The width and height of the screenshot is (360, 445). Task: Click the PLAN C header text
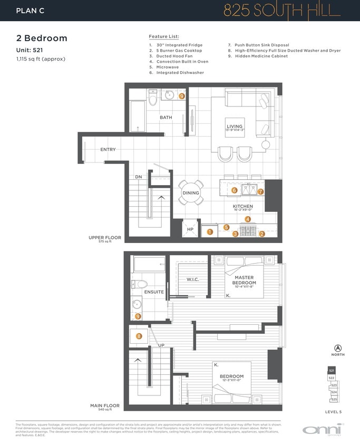point(30,10)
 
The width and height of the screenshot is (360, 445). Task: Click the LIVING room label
point(235,127)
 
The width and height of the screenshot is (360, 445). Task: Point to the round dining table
point(191,192)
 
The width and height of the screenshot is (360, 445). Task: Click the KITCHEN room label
point(243,206)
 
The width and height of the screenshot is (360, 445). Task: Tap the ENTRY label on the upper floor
point(108,150)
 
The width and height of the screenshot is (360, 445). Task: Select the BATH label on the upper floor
point(166,118)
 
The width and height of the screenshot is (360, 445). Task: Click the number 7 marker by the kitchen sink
point(260,191)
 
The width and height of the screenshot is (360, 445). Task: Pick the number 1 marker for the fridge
point(210,231)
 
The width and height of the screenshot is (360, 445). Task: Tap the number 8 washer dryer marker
point(139,336)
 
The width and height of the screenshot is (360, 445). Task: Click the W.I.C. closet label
point(192,279)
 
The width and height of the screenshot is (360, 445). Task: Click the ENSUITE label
point(154,292)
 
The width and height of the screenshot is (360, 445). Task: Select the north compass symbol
point(338,348)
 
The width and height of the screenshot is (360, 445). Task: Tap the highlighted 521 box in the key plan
point(332,371)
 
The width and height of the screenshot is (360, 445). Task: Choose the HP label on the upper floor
point(190,229)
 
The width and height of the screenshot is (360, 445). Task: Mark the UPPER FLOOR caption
point(105,238)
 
